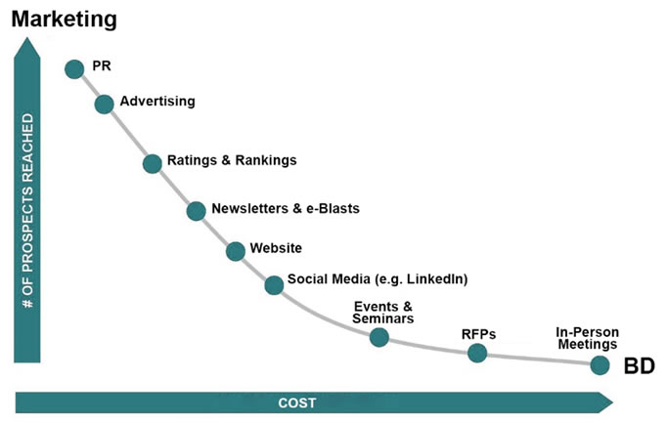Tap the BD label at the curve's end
(638, 366)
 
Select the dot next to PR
(74, 68)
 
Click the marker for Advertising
(104, 104)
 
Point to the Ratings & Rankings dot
(152, 163)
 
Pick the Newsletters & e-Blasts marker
(196, 210)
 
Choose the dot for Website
(236, 251)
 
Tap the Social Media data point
(274, 284)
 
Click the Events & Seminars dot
(379, 337)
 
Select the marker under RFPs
(477, 353)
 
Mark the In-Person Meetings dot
(600, 365)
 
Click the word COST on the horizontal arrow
(297, 402)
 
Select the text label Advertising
(157, 102)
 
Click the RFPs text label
(478, 334)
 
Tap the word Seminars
(383, 318)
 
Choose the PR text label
(101, 66)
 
